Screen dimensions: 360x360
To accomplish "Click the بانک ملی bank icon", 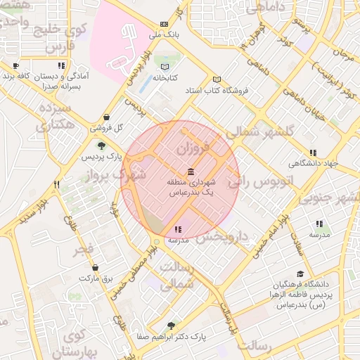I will pyautogui.click(x=165, y=22).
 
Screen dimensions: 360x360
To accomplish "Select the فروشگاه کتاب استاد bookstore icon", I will pyautogui.click(x=217, y=79).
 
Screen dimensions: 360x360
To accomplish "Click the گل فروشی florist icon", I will pyautogui.click(x=106, y=117).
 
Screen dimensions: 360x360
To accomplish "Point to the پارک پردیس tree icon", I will pyautogui.click(x=103, y=146).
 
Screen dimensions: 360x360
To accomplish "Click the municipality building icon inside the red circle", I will pyautogui.click(x=191, y=172).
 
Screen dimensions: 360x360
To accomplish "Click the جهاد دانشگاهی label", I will pyautogui.click(x=314, y=163).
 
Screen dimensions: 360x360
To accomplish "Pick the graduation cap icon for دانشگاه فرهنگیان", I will pyautogui.click(x=300, y=274).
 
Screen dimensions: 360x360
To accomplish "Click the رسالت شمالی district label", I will pyautogui.click(x=177, y=276).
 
